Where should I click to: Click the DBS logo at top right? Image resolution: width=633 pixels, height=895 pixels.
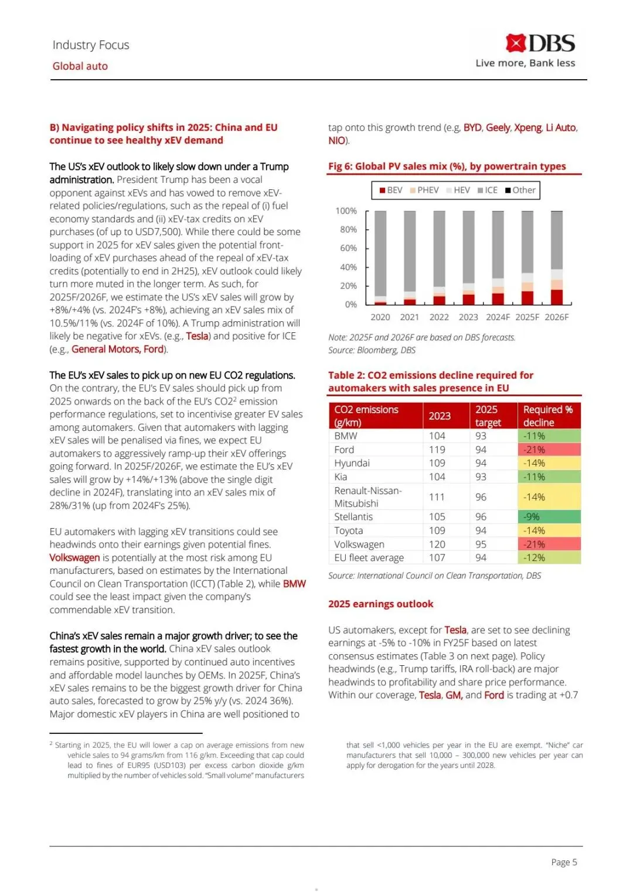(x=540, y=44)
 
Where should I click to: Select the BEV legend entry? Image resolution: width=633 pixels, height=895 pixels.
(x=391, y=190)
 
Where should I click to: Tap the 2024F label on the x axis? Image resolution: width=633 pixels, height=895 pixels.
(x=498, y=317)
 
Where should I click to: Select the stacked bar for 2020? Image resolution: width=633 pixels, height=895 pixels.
(x=380, y=258)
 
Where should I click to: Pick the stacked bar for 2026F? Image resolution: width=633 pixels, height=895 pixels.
(x=557, y=258)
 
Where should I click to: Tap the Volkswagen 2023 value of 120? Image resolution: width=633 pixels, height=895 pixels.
(x=437, y=545)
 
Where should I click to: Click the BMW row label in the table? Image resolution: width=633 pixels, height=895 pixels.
(x=346, y=436)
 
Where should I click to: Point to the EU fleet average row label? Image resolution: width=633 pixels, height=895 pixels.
(x=369, y=558)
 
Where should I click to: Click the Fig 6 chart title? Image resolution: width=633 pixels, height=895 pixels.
(x=447, y=166)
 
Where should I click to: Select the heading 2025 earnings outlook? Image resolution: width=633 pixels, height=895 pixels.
(x=380, y=604)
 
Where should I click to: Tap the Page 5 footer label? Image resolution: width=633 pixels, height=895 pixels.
(x=564, y=862)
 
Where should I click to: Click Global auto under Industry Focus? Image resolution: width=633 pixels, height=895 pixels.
(x=80, y=66)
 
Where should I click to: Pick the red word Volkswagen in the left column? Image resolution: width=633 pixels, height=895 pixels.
(x=74, y=558)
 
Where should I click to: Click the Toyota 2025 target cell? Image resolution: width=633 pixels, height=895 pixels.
(x=481, y=531)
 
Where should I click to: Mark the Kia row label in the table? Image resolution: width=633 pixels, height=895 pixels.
(x=341, y=477)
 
